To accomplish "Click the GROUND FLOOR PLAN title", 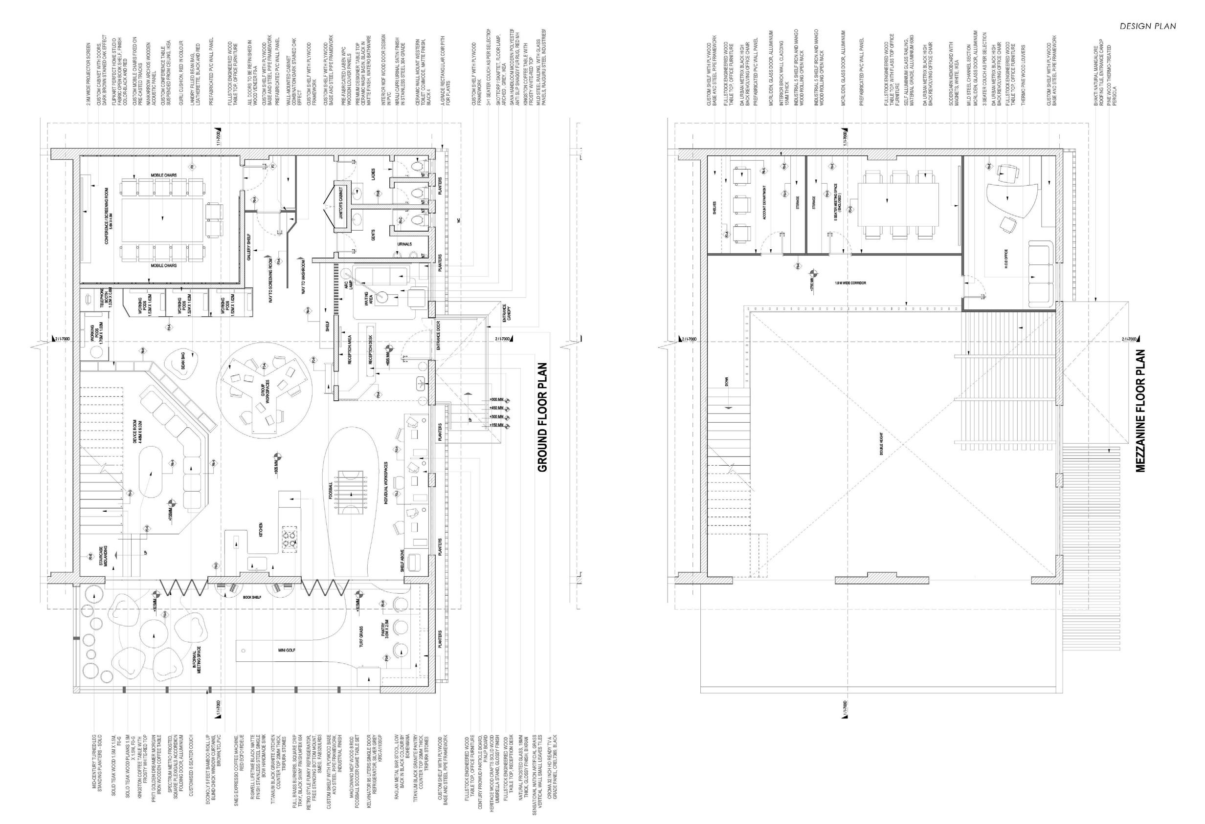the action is coord(542,417).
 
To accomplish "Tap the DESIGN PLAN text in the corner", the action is coord(1147,41).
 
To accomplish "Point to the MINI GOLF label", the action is coord(287,650).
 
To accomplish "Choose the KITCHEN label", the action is coord(261,530).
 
